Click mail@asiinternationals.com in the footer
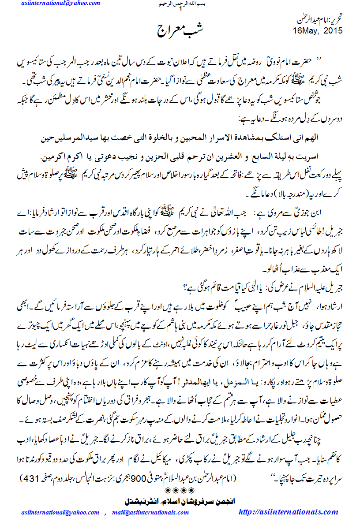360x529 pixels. coord(150,513)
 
